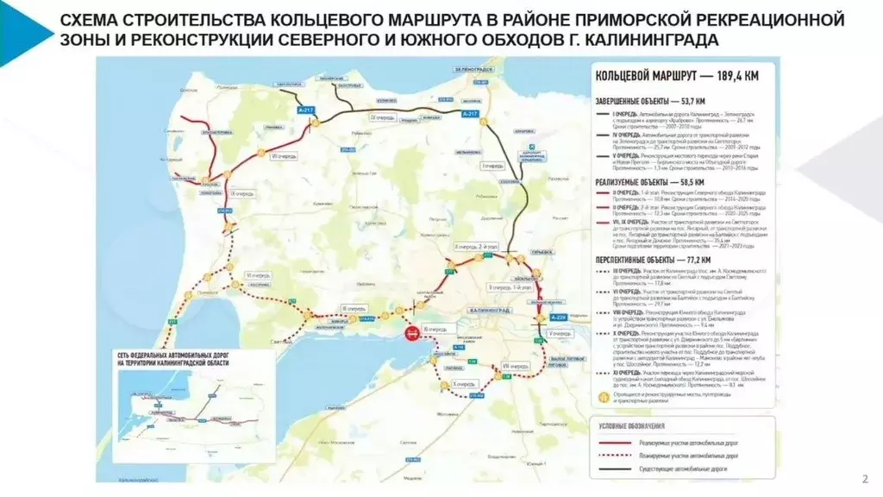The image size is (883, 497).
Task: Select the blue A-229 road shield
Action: tap(559, 318)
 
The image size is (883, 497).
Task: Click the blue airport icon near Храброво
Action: tap(532, 147)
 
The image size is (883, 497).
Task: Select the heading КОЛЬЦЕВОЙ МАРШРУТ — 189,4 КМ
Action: tap(677, 77)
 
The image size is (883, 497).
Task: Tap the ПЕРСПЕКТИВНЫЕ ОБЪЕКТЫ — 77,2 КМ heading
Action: tap(653, 259)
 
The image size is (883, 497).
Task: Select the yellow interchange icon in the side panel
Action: tap(602, 399)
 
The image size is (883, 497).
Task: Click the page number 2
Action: tap(865, 479)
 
